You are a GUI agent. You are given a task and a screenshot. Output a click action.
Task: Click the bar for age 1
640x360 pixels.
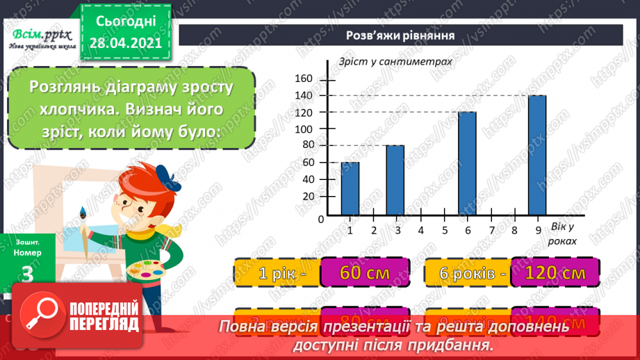(x=350, y=188)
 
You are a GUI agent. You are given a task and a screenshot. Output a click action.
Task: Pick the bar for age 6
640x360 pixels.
(x=467, y=164)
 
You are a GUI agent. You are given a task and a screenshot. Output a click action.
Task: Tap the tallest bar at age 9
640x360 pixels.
(x=537, y=156)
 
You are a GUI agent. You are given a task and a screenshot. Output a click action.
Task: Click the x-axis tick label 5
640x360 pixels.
(x=444, y=230)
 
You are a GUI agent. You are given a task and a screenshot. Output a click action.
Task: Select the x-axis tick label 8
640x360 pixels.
(x=514, y=230)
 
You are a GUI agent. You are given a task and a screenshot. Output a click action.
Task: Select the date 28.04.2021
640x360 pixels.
(x=125, y=42)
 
